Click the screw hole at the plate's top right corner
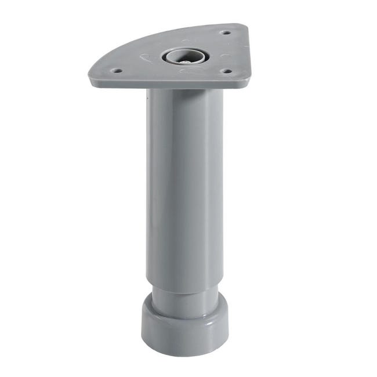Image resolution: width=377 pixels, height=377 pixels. pos(226,33)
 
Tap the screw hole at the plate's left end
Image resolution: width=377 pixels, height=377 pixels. pos(117,71)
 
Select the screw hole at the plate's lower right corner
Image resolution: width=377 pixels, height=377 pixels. pos(227,72)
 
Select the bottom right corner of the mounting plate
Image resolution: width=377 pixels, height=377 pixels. pos(249,81)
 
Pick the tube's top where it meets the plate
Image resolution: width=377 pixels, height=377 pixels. pos(184,92)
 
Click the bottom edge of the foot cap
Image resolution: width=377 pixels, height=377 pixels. pos(184,354)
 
